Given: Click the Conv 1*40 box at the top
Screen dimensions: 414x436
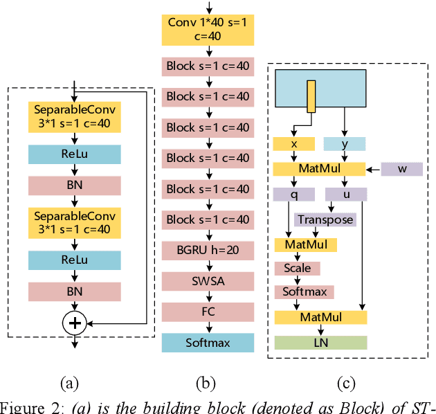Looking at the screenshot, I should pyautogui.click(x=208, y=29).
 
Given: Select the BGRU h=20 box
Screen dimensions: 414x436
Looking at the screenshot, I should pyautogui.click(x=208, y=250).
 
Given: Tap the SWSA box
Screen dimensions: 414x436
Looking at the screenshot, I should pyautogui.click(x=208, y=281).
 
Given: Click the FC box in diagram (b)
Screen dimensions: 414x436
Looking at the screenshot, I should pyautogui.click(x=208, y=312).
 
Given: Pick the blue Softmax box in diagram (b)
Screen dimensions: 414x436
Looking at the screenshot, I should pyautogui.click(x=208, y=342).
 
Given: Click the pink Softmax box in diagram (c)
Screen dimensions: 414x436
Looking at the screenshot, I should pyautogui.click(x=305, y=292).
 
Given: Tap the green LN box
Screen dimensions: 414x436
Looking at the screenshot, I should pyautogui.click(x=320, y=342).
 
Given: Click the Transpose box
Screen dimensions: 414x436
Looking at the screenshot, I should pyautogui.click(x=325, y=219).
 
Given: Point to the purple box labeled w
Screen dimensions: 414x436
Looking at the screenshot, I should pyautogui.click(x=403, y=169).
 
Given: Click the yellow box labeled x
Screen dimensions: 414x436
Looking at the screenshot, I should pyautogui.click(x=293, y=144).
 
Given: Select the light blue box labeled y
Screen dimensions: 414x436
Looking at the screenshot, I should pyautogui.click(x=345, y=144).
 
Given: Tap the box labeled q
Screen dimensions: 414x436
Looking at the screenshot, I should pyautogui.click(x=293, y=195).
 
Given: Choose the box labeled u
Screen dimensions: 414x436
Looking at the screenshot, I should pyautogui.click(x=346, y=195).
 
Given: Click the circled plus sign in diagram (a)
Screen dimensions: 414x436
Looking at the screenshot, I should pyautogui.click(x=74, y=322).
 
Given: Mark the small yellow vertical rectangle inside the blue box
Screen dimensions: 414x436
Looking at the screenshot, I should pyautogui.click(x=311, y=96).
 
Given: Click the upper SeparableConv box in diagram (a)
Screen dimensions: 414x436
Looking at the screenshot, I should pyautogui.click(x=74, y=117).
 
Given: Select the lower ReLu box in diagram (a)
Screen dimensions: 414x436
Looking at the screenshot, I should pyautogui.click(x=74, y=260).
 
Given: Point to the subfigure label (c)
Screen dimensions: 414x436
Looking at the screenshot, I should pyautogui.click(x=345, y=384).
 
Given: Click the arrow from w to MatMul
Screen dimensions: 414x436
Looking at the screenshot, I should pyautogui.click(x=374, y=169).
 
